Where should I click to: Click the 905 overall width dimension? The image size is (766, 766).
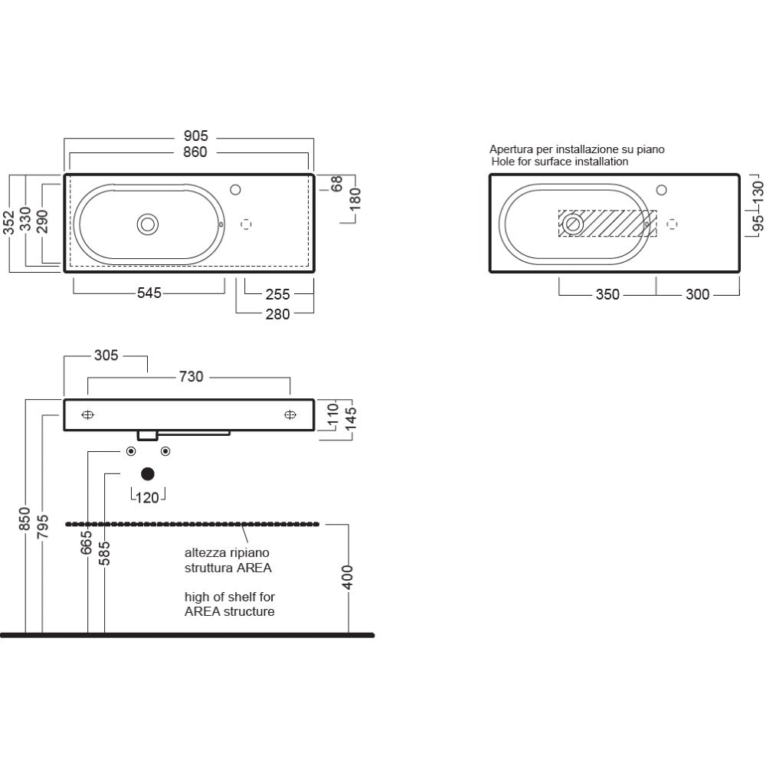pos(195,136)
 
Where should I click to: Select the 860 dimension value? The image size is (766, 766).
pos(195,152)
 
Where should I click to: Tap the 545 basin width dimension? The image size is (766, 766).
pos(149,293)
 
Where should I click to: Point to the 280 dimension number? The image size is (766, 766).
pos(277,314)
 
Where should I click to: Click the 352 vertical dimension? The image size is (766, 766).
pos(9,222)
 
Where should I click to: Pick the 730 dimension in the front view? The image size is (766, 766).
pos(191,377)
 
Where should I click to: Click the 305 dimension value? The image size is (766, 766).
pos(106,355)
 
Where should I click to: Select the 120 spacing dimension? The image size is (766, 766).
pos(148,498)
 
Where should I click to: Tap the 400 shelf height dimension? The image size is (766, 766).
pos(347,577)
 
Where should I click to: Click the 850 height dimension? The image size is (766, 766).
pos(25,519)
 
